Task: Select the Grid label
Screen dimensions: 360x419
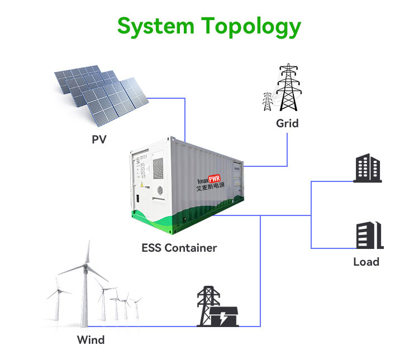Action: tap(287, 123)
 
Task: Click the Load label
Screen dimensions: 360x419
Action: tap(366, 262)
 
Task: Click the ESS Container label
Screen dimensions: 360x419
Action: tap(179, 247)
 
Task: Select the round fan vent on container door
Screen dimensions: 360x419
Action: tap(159, 190)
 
